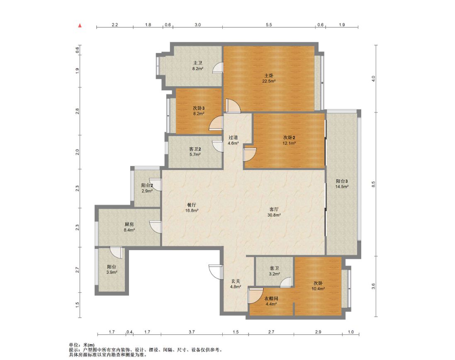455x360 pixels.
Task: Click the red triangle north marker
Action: click(x=80, y=26)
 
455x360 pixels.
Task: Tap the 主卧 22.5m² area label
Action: click(x=269, y=78)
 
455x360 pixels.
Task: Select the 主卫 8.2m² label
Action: click(x=197, y=66)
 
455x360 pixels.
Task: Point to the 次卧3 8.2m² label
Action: click(x=199, y=111)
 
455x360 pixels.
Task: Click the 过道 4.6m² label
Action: click(x=233, y=140)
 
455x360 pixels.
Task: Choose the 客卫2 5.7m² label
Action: click(x=195, y=152)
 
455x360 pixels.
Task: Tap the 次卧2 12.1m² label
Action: click(x=289, y=140)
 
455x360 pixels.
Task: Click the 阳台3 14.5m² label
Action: click(x=342, y=184)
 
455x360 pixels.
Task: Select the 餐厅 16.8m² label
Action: click(x=192, y=207)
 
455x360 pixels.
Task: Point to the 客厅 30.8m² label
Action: click(x=274, y=212)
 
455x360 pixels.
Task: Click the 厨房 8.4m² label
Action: click(x=129, y=227)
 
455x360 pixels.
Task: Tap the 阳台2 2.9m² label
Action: click(x=147, y=188)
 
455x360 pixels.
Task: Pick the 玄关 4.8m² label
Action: click(x=236, y=284)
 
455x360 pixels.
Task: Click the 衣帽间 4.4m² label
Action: click(x=271, y=301)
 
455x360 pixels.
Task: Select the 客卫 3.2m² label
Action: click(x=274, y=271)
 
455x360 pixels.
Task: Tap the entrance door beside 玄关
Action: click(x=216, y=272)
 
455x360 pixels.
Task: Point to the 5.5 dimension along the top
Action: click(x=269, y=25)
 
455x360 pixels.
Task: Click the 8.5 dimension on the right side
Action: click(x=373, y=184)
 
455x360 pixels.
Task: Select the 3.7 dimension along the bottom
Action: click(x=192, y=332)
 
